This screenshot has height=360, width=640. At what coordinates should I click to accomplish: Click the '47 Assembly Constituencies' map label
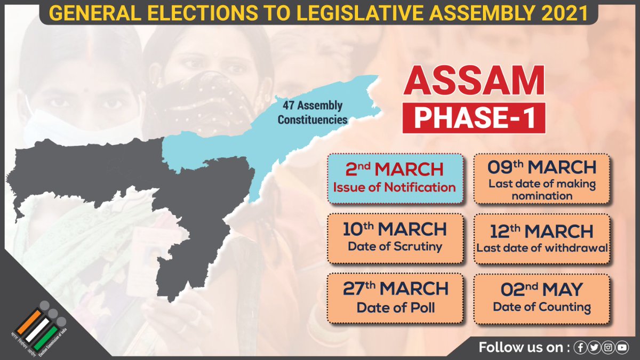[310, 113]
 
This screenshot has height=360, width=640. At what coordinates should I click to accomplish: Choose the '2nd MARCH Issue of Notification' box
[395, 178]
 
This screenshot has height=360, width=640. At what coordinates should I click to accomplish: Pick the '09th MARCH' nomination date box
[541, 178]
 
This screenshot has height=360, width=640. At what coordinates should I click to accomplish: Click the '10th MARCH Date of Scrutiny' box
[395, 238]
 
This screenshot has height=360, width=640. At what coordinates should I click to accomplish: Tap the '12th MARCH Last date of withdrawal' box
[541, 238]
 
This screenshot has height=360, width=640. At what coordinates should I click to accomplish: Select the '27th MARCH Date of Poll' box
[395, 298]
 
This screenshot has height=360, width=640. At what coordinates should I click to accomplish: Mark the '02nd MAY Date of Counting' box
[541, 298]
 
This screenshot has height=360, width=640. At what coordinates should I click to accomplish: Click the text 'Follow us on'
[522, 348]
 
